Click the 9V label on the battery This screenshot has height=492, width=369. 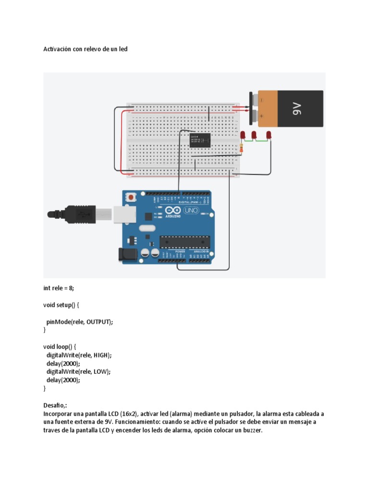296,110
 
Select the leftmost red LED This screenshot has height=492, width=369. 243,135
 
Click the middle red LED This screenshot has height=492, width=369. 254,135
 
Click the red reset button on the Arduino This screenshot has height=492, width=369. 131,197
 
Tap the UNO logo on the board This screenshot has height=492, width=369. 192,210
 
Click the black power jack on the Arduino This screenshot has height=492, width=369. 128,255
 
